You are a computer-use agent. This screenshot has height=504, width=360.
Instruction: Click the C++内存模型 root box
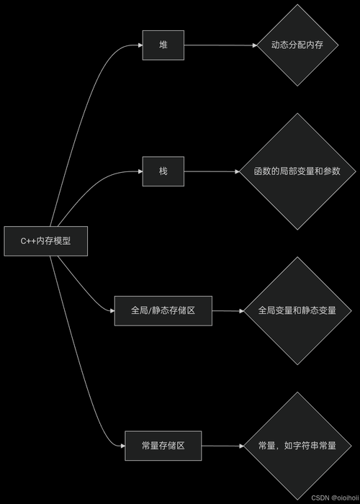[46, 241]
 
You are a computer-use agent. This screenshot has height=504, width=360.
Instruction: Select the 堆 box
[163, 45]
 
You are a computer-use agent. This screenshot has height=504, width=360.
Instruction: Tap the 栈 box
[163, 171]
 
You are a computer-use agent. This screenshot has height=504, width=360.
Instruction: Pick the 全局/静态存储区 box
[163, 310]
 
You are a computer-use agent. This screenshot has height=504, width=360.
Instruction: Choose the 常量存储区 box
[163, 446]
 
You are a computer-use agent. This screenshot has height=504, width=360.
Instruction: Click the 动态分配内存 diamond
[297, 45]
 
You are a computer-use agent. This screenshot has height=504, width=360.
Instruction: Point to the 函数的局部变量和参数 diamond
[297, 171]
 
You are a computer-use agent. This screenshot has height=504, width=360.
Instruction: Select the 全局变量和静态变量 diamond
[297, 310]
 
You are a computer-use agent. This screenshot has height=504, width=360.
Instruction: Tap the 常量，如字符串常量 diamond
[297, 446]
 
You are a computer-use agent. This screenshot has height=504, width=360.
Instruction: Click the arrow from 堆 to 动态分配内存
[220, 45]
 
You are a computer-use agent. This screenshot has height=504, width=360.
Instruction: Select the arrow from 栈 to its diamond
[210, 171]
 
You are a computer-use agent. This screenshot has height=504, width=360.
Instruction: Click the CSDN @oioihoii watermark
[335, 497]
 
